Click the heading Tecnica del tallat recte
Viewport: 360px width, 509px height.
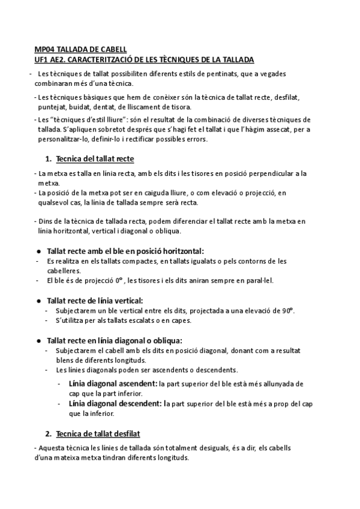(94, 159)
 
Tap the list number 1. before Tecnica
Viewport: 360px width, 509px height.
(49, 159)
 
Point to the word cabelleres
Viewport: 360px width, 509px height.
(65, 271)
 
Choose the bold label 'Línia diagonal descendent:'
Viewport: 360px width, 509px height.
(115, 404)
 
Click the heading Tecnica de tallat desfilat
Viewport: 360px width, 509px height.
(97, 433)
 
